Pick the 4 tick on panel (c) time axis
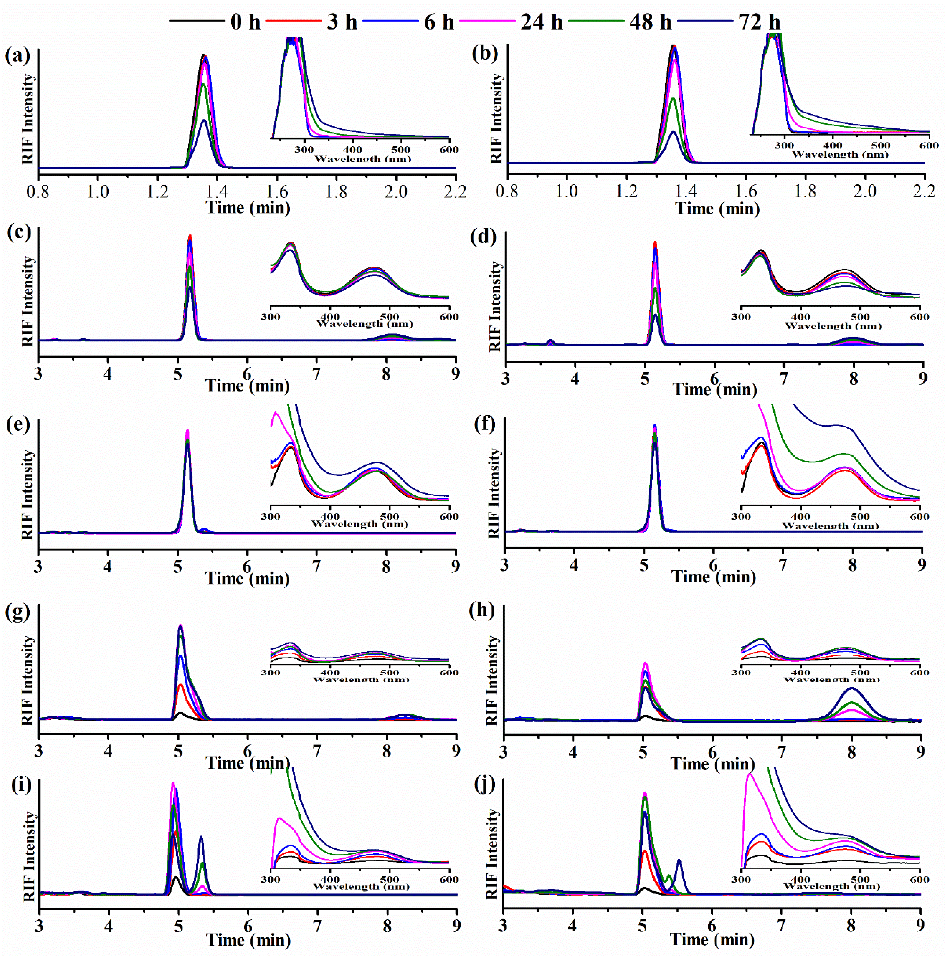pos(108,374)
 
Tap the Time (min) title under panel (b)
pos(717,209)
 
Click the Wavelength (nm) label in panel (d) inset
pos(833,326)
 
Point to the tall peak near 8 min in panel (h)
pos(852,689)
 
